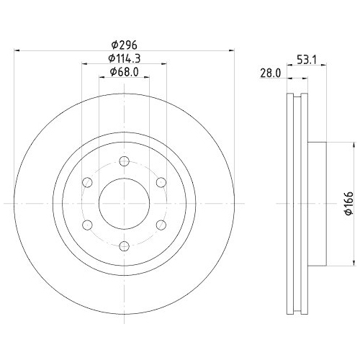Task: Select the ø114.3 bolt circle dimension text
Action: pos(123,58)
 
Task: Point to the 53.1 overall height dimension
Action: pos(307,60)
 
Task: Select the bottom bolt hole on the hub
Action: pos(123,246)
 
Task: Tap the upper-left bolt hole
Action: pos(86,181)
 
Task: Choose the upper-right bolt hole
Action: pos(161,181)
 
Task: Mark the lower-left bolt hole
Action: pos(86,225)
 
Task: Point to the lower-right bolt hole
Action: pos(161,225)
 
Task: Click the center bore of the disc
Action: pos(123,203)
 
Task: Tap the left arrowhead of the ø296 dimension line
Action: pos(17,50)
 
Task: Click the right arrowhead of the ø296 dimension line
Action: pos(231,50)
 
